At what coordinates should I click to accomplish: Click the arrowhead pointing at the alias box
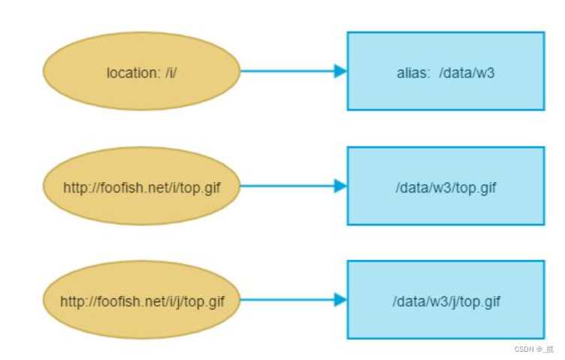click(x=340, y=71)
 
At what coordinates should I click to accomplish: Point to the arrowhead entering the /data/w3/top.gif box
click(x=340, y=186)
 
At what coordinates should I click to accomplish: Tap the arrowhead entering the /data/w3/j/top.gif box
click(x=340, y=300)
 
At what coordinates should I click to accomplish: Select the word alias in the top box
click(x=412, y=73)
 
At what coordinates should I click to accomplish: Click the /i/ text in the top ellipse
click(x=171, y=73)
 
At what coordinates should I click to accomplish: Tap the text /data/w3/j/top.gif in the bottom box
click(x=446, y=301)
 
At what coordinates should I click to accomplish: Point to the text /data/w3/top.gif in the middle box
click(x=446, y=187)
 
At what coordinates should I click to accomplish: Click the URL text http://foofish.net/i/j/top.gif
click(x=142, y=301)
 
